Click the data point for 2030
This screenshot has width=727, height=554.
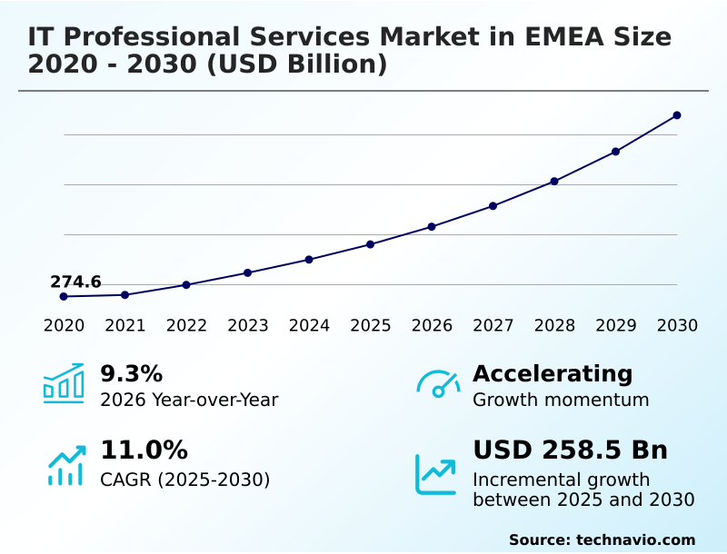click(x=677, y=115)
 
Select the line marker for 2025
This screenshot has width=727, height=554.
click(x=371, y=244)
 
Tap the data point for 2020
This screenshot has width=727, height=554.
click(x=64, y=296)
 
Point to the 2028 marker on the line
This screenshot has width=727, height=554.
click(x=554, y=182)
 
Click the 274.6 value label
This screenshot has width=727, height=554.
click(x=75, y=282)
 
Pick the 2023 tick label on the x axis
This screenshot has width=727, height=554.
click(x=247, y=326)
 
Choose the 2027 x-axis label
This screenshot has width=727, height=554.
click(x=493, y=326)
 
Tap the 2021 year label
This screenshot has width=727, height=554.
click(x=124, y=326)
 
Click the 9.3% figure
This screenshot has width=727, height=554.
click(x=131, y=373)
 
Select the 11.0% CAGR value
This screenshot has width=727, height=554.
click(x=144, y=450)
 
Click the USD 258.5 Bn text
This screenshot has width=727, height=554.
click(x=570, y=450)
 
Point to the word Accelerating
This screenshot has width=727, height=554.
click(x=553, y=373)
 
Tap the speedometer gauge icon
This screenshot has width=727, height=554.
click(x=438, y=384)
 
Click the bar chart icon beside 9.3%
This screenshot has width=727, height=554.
click(x=64, y=384)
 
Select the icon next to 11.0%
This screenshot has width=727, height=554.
click(x=65, y=465)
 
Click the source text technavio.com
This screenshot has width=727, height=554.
click(x=635, y=539)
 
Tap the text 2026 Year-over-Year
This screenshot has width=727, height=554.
click(x=189, y=400)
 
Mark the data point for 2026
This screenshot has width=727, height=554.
click(x=432, y=226)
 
